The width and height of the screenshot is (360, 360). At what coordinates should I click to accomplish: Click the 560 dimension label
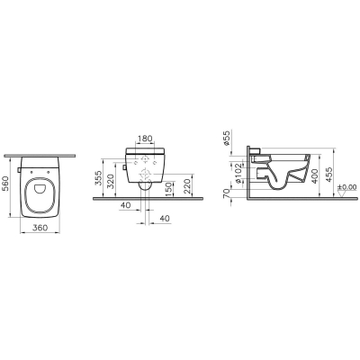[6, 184]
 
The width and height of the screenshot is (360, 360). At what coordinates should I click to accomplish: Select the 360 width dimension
[40, 228]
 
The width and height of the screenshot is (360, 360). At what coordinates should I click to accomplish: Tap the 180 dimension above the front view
[145, 139]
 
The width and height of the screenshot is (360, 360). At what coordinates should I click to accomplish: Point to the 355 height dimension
[98, 178]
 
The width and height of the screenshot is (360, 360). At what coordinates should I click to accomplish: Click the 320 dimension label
[111, 181]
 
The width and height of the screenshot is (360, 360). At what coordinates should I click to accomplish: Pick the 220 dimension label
[187, 186]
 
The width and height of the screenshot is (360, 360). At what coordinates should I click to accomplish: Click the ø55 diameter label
[227, 139]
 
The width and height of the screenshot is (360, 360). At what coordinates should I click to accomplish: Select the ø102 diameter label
[238, 174]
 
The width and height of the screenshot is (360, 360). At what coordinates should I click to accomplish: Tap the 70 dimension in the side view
[227, 193]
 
